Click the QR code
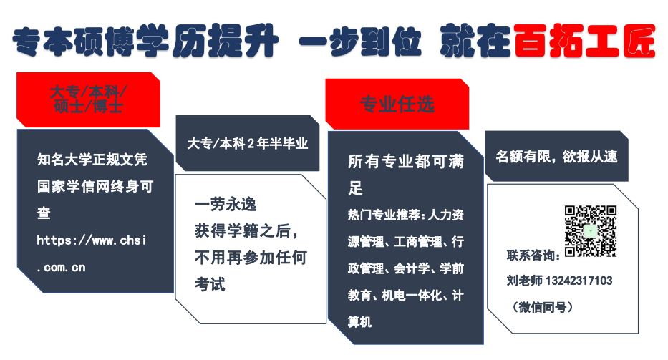[591, 231]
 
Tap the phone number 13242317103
[579, 281]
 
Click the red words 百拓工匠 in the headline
[584, 41]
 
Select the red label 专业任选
[397, 104]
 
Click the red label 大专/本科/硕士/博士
[88, 99]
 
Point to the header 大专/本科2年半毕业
[248, 144]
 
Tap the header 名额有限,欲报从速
[556, 156]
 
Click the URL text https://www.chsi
[92, 240]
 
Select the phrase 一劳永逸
[226, 205]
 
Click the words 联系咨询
[533, 256]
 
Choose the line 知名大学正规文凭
[92, 160]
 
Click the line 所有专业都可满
[406, 162]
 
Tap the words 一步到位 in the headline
[360, 41]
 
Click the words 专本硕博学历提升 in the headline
[145, 41]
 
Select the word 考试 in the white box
[210, 284]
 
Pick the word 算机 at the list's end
[359, 322]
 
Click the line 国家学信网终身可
[95, 187]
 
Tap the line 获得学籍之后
[246, 231]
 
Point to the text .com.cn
[62, 268]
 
